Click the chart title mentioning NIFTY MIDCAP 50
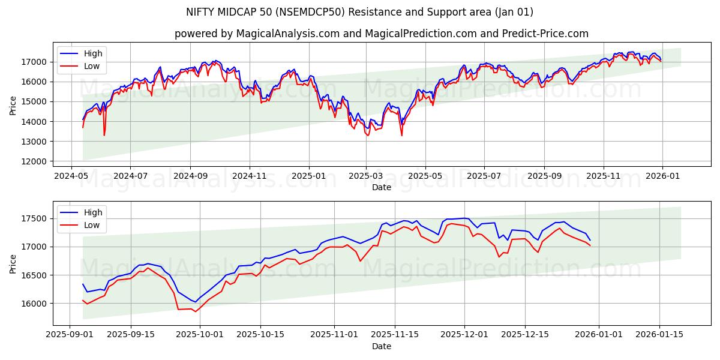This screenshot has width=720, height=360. coord(360,12)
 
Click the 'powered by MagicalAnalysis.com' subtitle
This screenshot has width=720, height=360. coord(382,34)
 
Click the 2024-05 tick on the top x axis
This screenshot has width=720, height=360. coord(72,176)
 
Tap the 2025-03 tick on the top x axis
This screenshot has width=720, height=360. coord(367,176)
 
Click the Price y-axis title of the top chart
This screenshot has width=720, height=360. coord(13,106)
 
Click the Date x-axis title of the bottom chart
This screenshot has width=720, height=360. coord(382,346)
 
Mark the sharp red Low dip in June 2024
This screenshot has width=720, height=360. coord(104,134)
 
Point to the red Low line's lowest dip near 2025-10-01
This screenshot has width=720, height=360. coord(195,311)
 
